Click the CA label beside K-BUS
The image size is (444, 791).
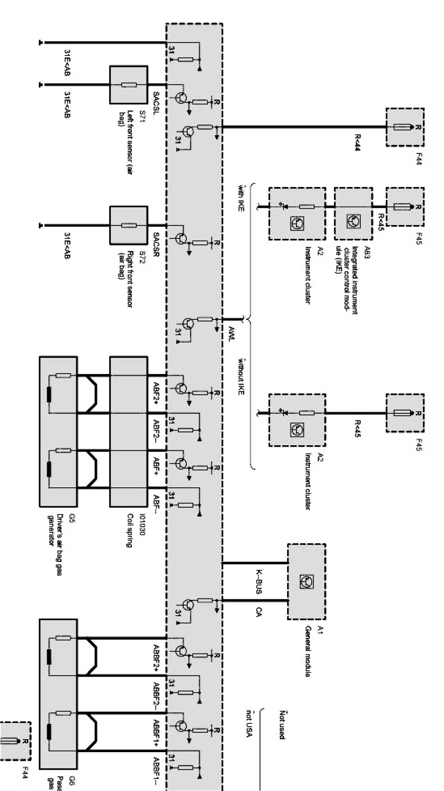pyautogui.click(x=259, y=611)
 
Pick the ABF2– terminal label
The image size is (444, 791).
pyautogui.click(x=156, y=429)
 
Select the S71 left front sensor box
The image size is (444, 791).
pyautogui.click(x=128, y=85)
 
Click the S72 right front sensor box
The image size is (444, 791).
pyautogui.click(x=128, y=225)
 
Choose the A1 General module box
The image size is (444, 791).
pyautogui.click(x=306, y=581)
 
